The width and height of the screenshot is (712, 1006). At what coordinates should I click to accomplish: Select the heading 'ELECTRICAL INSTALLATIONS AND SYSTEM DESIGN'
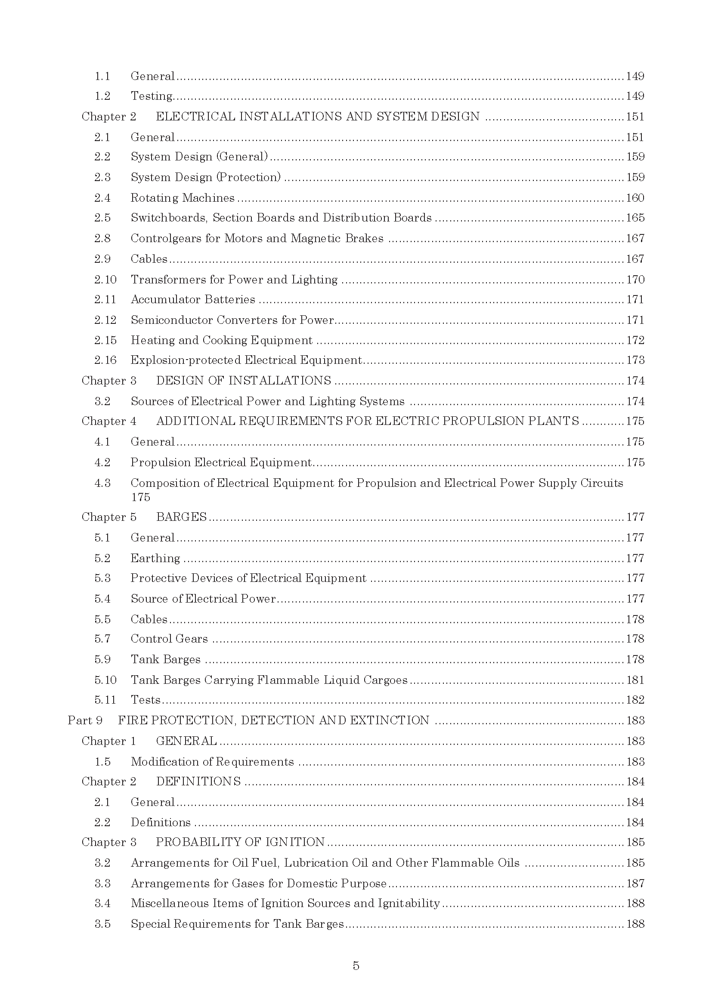pyautogui.click(x=317, y=117)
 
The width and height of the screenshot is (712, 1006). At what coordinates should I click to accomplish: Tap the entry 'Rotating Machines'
pyautogui.click(x=183, y=198)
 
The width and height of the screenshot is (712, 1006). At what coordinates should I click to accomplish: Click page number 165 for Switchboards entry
pyautogui.click(x=635, y=218)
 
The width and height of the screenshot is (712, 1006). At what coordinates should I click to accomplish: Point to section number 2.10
pyautogui.click(x=105, y=280)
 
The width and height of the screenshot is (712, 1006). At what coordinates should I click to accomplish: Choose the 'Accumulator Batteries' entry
pyautogui.click(x=193, y=300)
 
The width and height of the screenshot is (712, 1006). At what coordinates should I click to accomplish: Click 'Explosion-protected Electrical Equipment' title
pyautogui.click(x=246, y=360)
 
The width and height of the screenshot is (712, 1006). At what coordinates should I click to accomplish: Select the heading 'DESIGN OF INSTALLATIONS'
pyautogui.click(x=243, y=380)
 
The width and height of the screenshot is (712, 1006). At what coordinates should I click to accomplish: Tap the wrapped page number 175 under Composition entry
pyautogui.click(x=140, y=497)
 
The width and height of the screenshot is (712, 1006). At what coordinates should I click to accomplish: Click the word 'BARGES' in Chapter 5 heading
pyautogui.click(x=181, y=517)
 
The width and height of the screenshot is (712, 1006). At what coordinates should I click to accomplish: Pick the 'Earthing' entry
pyautogui.click(x=155, y=558)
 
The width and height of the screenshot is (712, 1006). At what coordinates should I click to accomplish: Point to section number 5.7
pyautogui.click(x=102, y=639)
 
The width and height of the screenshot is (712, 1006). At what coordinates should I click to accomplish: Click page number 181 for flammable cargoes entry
pyautogui.click(x=635, y=680)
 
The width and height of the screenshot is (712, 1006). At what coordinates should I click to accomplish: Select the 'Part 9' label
pyautogui.click(x=85, y=721)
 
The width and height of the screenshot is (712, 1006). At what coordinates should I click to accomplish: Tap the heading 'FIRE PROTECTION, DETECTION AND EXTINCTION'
pyautogui.click(x=274, y=721)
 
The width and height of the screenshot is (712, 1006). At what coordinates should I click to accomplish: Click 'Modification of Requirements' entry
pyautogui.click(x=212, y=762)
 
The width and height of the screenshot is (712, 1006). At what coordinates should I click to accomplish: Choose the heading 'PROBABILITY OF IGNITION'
pyautogui.click(x=240, y=842)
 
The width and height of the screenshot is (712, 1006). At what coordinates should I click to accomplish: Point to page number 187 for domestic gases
pyautogui.click(x=635, y=883)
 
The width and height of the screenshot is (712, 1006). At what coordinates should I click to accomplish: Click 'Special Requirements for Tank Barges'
pyautogui.click(x=237, y=924)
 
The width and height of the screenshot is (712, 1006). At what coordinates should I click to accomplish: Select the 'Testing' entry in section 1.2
pyautogui.click(x=152, y=96)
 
